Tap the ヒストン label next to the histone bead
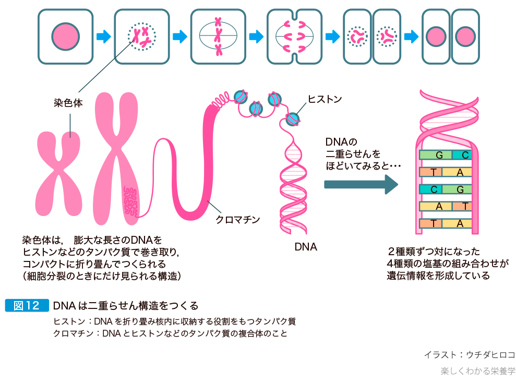[x=325, y=99]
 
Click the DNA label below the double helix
[x=306, y=247]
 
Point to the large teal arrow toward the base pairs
[x=361, y=184]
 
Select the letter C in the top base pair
[x=465, y=155]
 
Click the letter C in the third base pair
[x=434, y=189]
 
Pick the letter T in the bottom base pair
[x=434, y=223]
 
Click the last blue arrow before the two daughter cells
[x=411, y=37]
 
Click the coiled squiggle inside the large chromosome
[x=129, y=201]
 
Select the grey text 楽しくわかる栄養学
[x=477, y=371]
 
